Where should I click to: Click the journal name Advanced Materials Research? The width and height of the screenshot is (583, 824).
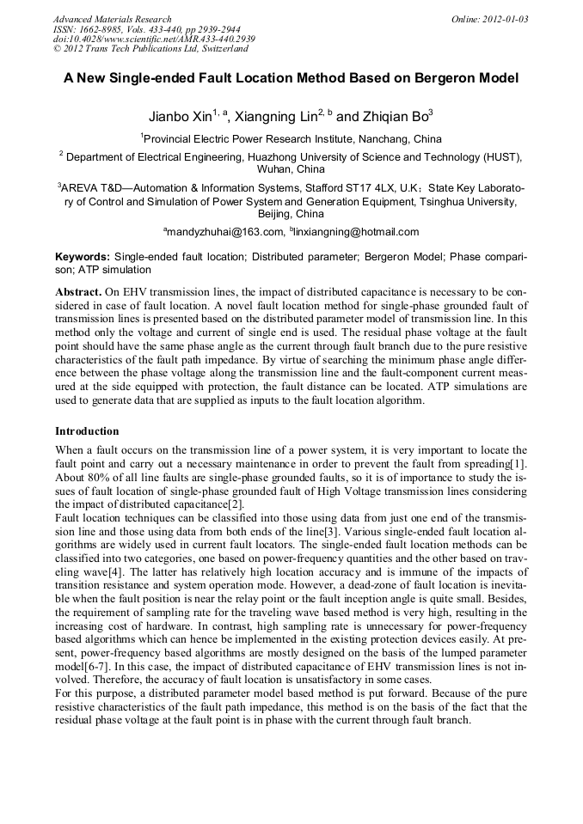pos(113,19)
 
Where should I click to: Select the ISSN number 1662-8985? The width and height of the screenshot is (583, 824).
pos(110,29)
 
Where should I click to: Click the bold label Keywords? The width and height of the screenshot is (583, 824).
pos(83,257)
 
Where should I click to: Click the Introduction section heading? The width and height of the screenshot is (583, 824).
pos(87,431)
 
